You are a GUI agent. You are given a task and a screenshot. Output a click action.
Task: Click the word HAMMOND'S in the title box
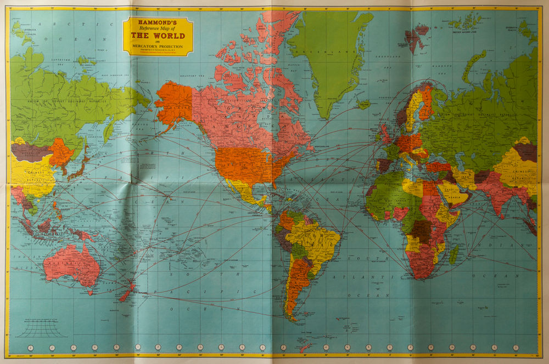click(158, 23)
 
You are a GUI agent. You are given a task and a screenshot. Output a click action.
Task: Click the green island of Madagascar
click(454, 254)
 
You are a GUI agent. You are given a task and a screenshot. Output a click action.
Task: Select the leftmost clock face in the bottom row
click(31, 348)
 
